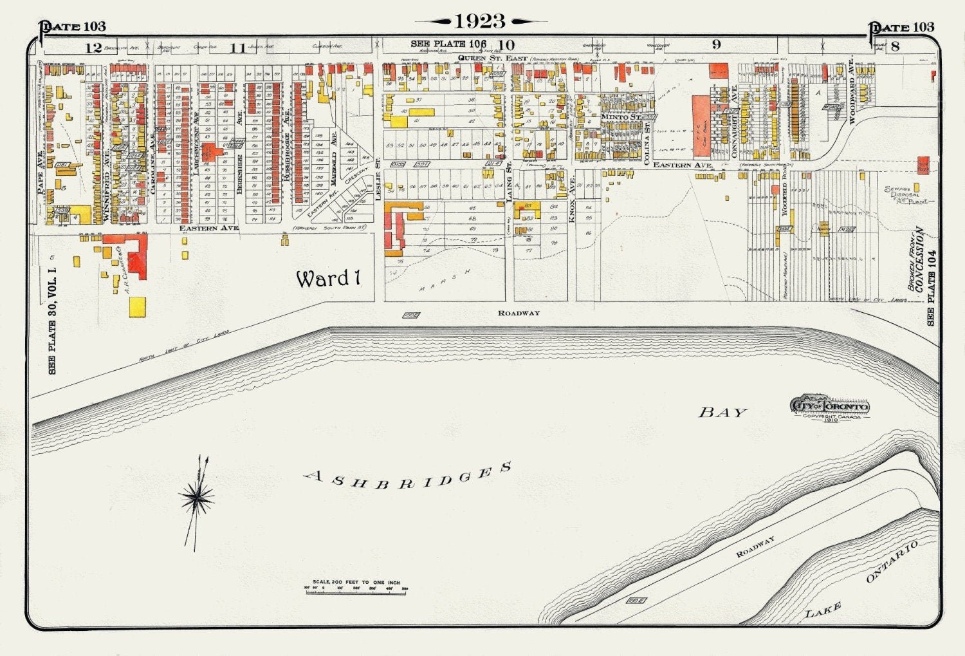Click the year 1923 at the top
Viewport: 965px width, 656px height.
point(480,21)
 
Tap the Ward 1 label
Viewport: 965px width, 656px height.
point(327,279)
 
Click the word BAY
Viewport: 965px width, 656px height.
point(722,413)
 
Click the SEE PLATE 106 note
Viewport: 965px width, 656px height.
point(448,44)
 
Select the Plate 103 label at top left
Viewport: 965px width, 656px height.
point(72,26)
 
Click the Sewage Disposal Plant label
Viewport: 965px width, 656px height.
point(906,194)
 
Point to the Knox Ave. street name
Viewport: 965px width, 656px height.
point(571,200)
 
